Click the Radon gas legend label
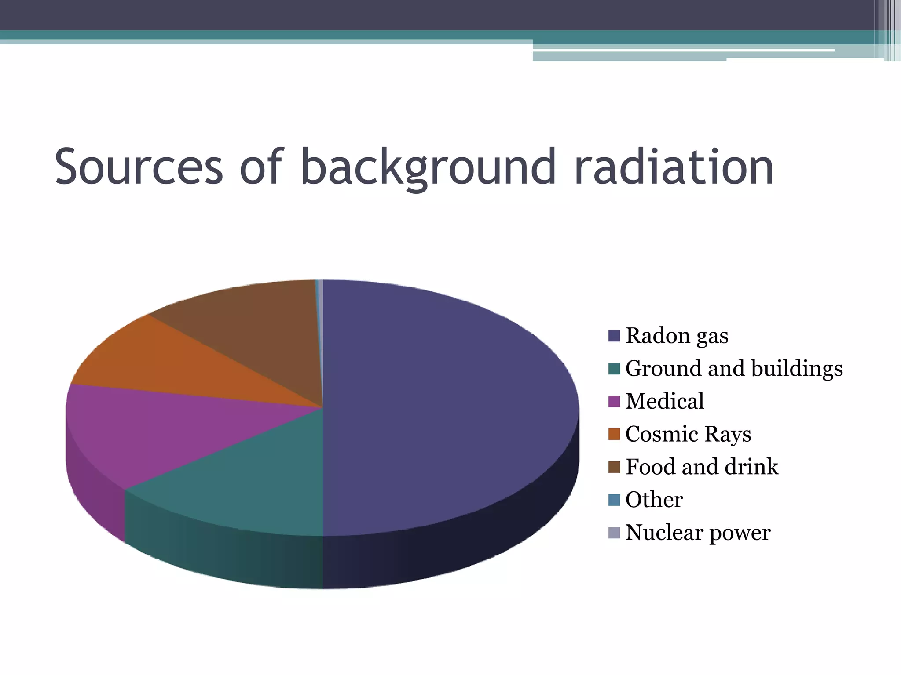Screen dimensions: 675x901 (x=677, y=336)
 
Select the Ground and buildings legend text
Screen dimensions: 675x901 (x=734, y=368)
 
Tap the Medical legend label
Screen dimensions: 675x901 (x=664, y=401)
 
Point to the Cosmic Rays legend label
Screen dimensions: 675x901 (x=688, y=434)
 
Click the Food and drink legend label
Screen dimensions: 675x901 (x=702, y=467)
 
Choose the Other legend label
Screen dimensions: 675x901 (x=654, y=500)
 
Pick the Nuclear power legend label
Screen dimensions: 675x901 (x=698, y=533)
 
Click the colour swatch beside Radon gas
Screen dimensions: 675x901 (x=614, y=336)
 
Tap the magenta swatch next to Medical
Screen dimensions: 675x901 (x=614, y=401)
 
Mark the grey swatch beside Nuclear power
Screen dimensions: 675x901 (x=614, y=533)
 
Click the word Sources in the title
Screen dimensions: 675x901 (x=139, y=167)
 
